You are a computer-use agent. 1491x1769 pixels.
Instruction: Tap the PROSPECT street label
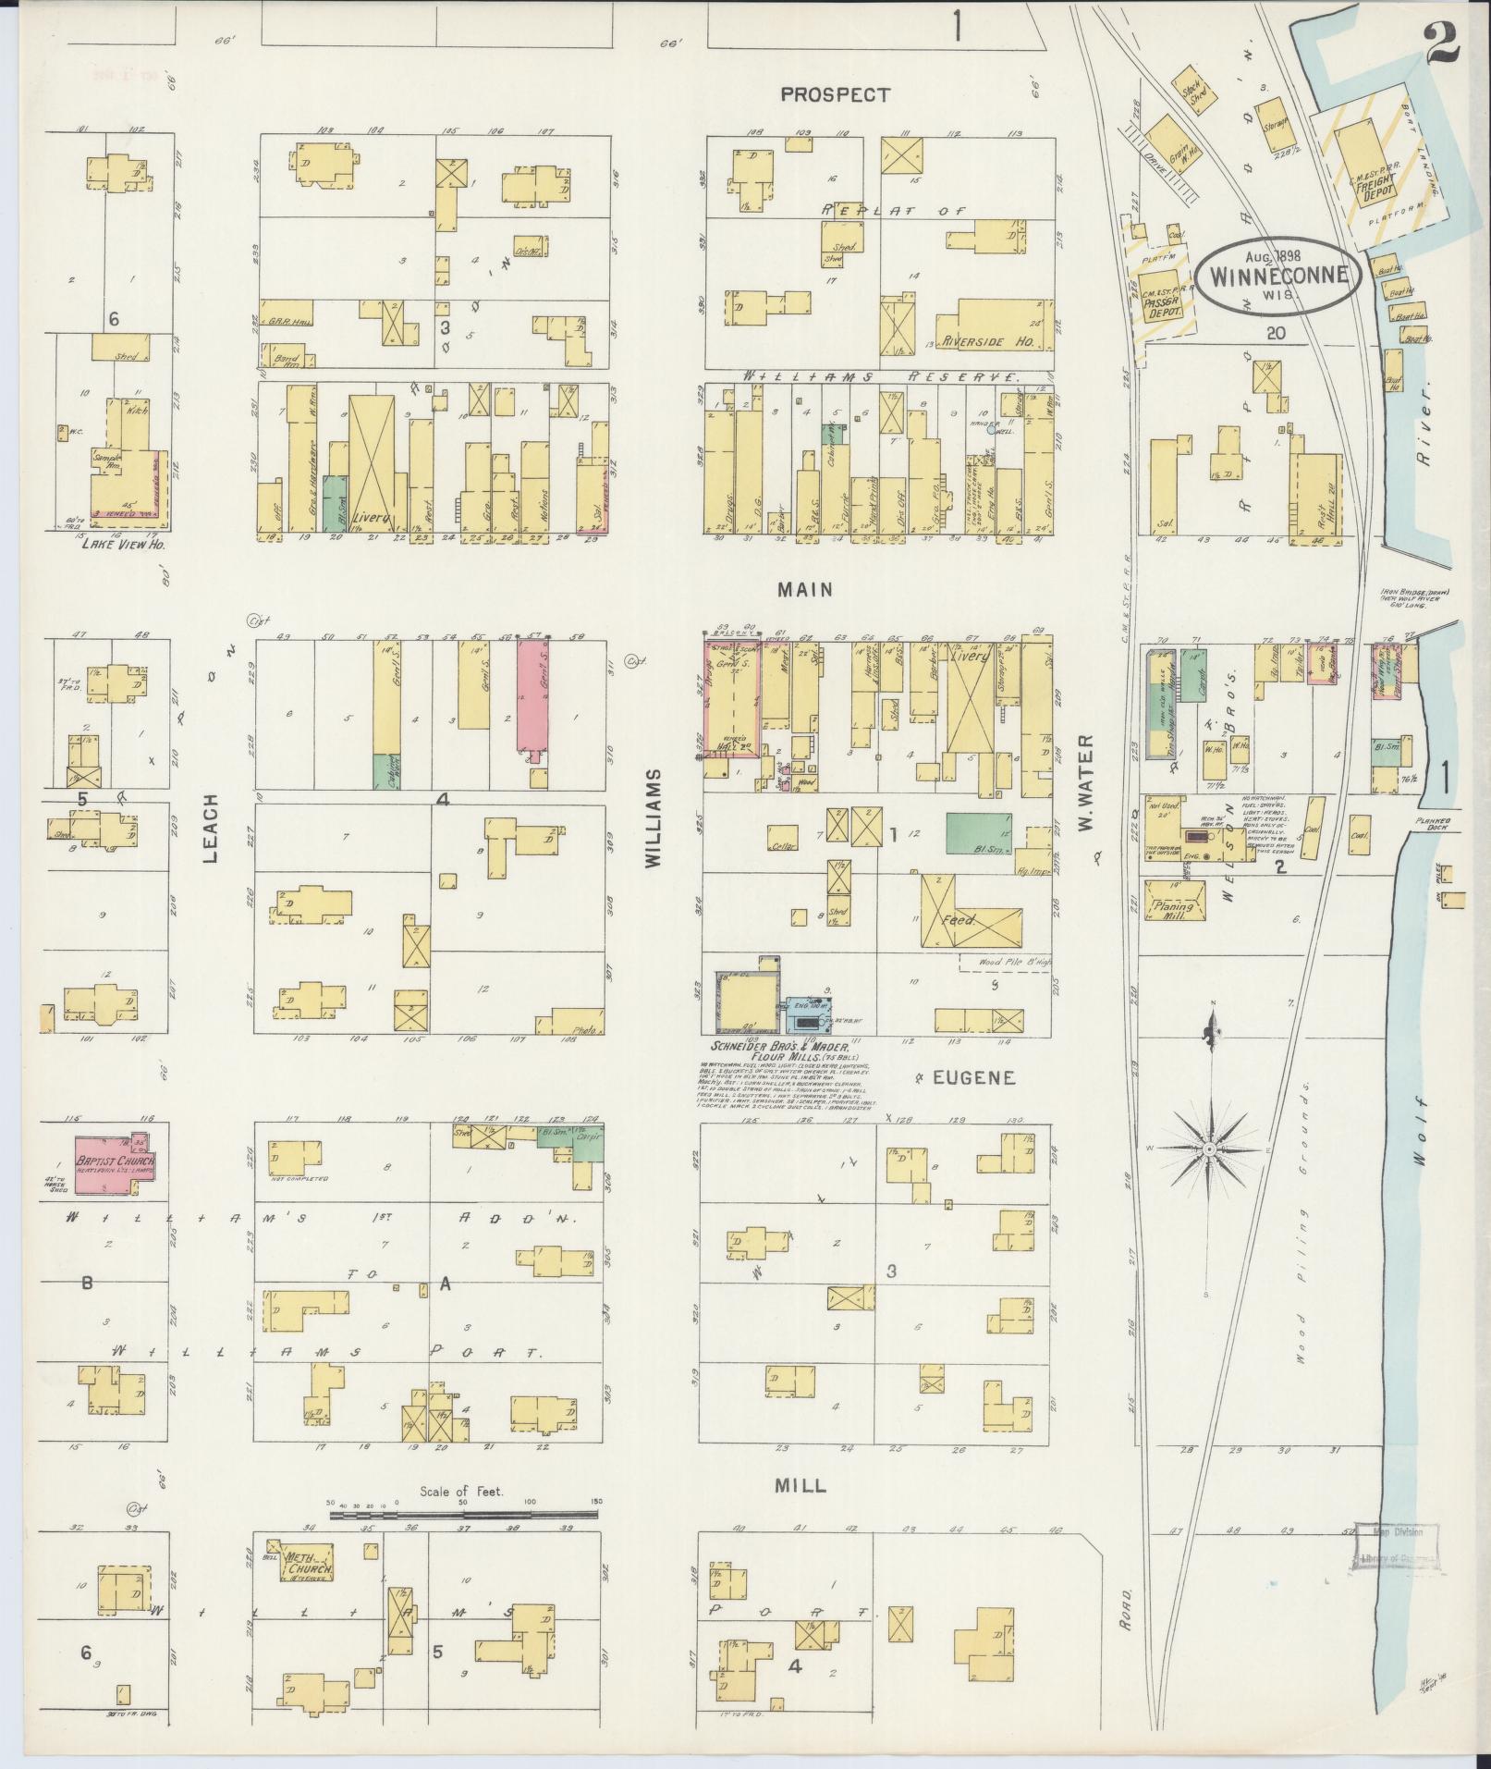point(835,94)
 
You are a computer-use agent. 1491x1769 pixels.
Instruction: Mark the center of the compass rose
point(1208,1149)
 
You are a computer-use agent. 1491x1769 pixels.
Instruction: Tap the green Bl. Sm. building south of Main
point(978,833)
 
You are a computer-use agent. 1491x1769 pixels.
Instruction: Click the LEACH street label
point(211,828)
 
